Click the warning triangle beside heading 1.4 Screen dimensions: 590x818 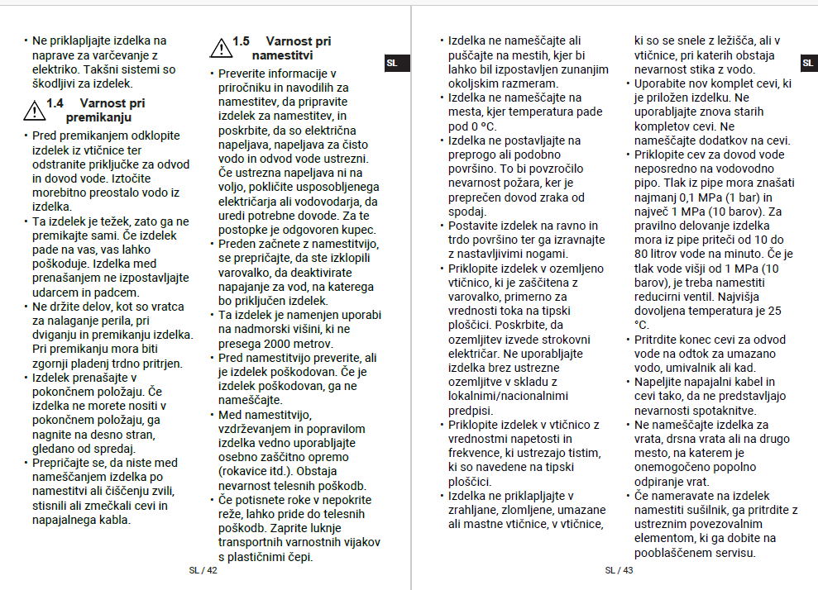pos(34,110)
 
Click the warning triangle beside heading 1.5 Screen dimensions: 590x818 pos(221,47)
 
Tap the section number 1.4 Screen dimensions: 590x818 pos(55,103)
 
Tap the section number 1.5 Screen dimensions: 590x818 pos(241,40)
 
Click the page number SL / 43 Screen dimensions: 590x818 pos(619,570)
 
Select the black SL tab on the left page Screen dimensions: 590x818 pos(393,63)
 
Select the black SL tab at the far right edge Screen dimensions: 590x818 pos(808,63)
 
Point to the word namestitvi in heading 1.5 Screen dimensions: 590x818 pos(282,55)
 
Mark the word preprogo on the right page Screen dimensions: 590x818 pos(472,155)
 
